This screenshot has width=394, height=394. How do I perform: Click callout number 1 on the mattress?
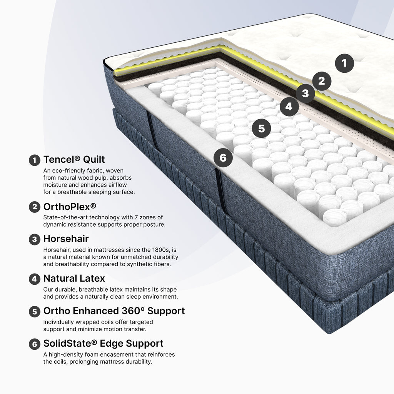coord(344,63)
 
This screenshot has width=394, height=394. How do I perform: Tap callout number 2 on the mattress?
coord(322,81)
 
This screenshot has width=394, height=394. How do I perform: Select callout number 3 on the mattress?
coord(305,93)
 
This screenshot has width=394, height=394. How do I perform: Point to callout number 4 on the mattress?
coord(289,107)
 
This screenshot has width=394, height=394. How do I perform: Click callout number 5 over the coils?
coord(261,129)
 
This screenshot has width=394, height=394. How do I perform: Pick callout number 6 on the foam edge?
coord(223,158)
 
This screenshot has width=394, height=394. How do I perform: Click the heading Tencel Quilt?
coord(74,160)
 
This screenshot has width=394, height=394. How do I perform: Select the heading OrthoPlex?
coord(70,207)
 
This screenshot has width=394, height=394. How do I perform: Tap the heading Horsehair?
coord(66,239)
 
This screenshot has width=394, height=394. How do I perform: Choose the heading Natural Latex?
coord(74,279)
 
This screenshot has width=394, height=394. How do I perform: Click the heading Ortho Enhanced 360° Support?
coord(114,311)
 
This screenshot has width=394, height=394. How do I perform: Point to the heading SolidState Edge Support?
coord(103,344)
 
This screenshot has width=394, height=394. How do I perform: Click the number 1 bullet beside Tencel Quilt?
coord(35,160)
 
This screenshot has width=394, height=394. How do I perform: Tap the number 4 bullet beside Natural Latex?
coord(35,279)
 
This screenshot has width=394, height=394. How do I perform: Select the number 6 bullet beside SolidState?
coord(35,344)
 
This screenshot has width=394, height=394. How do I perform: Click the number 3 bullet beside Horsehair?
coord(35,239)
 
